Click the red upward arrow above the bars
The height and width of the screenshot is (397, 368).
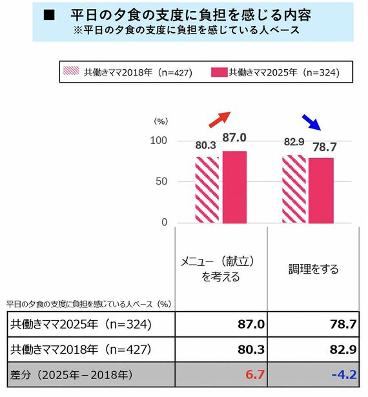pyautogui.click(x=220, y=119)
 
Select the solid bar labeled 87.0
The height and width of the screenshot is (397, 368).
pyautogui.click(x=234, y=187)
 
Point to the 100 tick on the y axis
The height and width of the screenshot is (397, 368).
pyautogui.click(x=159, y=141)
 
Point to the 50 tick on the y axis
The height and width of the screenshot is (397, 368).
pyautogui.click(x=161, y=181)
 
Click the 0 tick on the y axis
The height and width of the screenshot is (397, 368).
pyautogui.click(x=164, y=223)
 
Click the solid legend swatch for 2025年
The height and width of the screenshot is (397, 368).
pyautogui.click(x=219, y=72)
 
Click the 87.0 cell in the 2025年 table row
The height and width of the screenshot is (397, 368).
pyautogui.click(x=251, y=324)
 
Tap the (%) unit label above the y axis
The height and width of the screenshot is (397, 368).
pyautogui.click(x=160, y=121)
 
